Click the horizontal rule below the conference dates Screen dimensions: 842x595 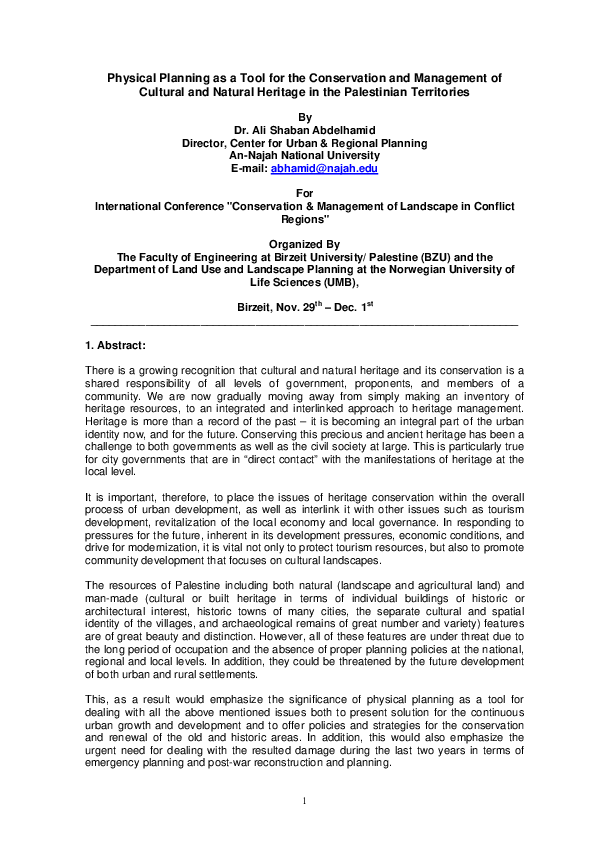click(304, 323)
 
